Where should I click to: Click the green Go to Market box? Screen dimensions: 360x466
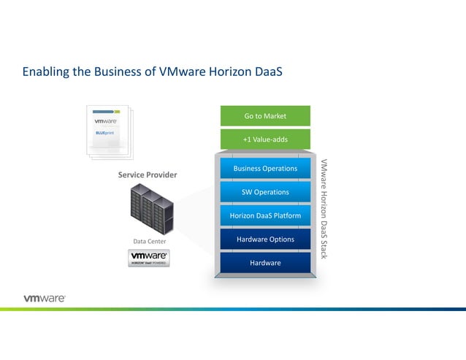(x=265, y=116)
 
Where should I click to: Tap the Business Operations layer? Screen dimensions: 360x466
(x=265, y=168)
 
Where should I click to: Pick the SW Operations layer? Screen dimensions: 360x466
(x=265, y=192)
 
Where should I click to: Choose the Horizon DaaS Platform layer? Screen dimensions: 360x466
(x=265, y=215)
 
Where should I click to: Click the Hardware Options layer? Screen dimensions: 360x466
(x=265, y=240)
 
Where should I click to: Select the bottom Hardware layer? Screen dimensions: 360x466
(x=265, y=263)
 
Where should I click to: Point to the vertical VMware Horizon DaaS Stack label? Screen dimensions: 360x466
(x=324, y=208)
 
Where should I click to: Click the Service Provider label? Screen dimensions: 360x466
(x=148, y=175)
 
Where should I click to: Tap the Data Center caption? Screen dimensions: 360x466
(x=149, y=241)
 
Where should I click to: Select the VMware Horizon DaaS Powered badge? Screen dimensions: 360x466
(x=149, y=258)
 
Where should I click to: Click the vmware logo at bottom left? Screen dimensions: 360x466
(x=45, y=298)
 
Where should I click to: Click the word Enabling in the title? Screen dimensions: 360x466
(x=45, y=72)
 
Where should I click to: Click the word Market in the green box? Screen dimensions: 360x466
(x=275, y=116)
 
